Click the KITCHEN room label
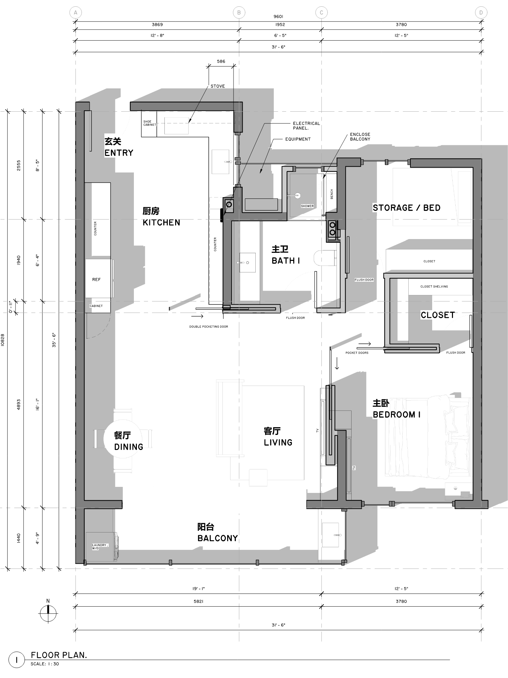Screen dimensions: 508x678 pyautogui.click(x=161, y=222)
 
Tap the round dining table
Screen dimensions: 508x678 pyautogui.click(x=123, y=438)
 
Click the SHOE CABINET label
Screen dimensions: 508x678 pyautogui.click(x=149, y=123)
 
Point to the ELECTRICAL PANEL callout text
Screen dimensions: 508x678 pyautogui.click(x=306, y=125)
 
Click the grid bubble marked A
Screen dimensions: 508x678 pyautogui.click(x=75, y=13)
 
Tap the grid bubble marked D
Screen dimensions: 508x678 pyautogui.click(x=481, y=13)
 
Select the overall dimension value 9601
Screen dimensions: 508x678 pyautogui.click(x=278, y=16)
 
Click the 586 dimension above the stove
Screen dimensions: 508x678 pyautogui.click(x=221, y=61)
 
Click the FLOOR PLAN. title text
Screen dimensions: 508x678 pyautogui.click(x=59, y=655)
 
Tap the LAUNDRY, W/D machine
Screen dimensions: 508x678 pyautogui.click(x=101, y=547)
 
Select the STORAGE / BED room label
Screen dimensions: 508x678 pyautogui.click(x=406, y=208)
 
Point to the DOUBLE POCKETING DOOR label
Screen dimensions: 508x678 pyautogui.click(x=208, y=327)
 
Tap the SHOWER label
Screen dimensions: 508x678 pyautogui.click(x=307, y=206)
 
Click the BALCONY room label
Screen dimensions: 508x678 pyautogui.click(x=217, y=538)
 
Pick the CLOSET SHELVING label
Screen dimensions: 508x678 pyautogui.click(x=434, y=287)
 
